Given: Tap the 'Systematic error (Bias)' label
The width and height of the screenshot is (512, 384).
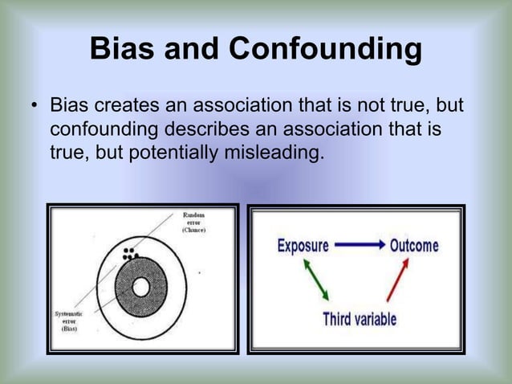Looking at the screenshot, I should (x=66, y=321).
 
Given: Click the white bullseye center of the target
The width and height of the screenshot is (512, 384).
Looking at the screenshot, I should (x=141, y=286).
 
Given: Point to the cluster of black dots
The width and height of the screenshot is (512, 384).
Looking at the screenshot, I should (x=128, y=254).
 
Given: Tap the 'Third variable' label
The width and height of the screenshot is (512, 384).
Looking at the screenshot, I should (x=360, y=319).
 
